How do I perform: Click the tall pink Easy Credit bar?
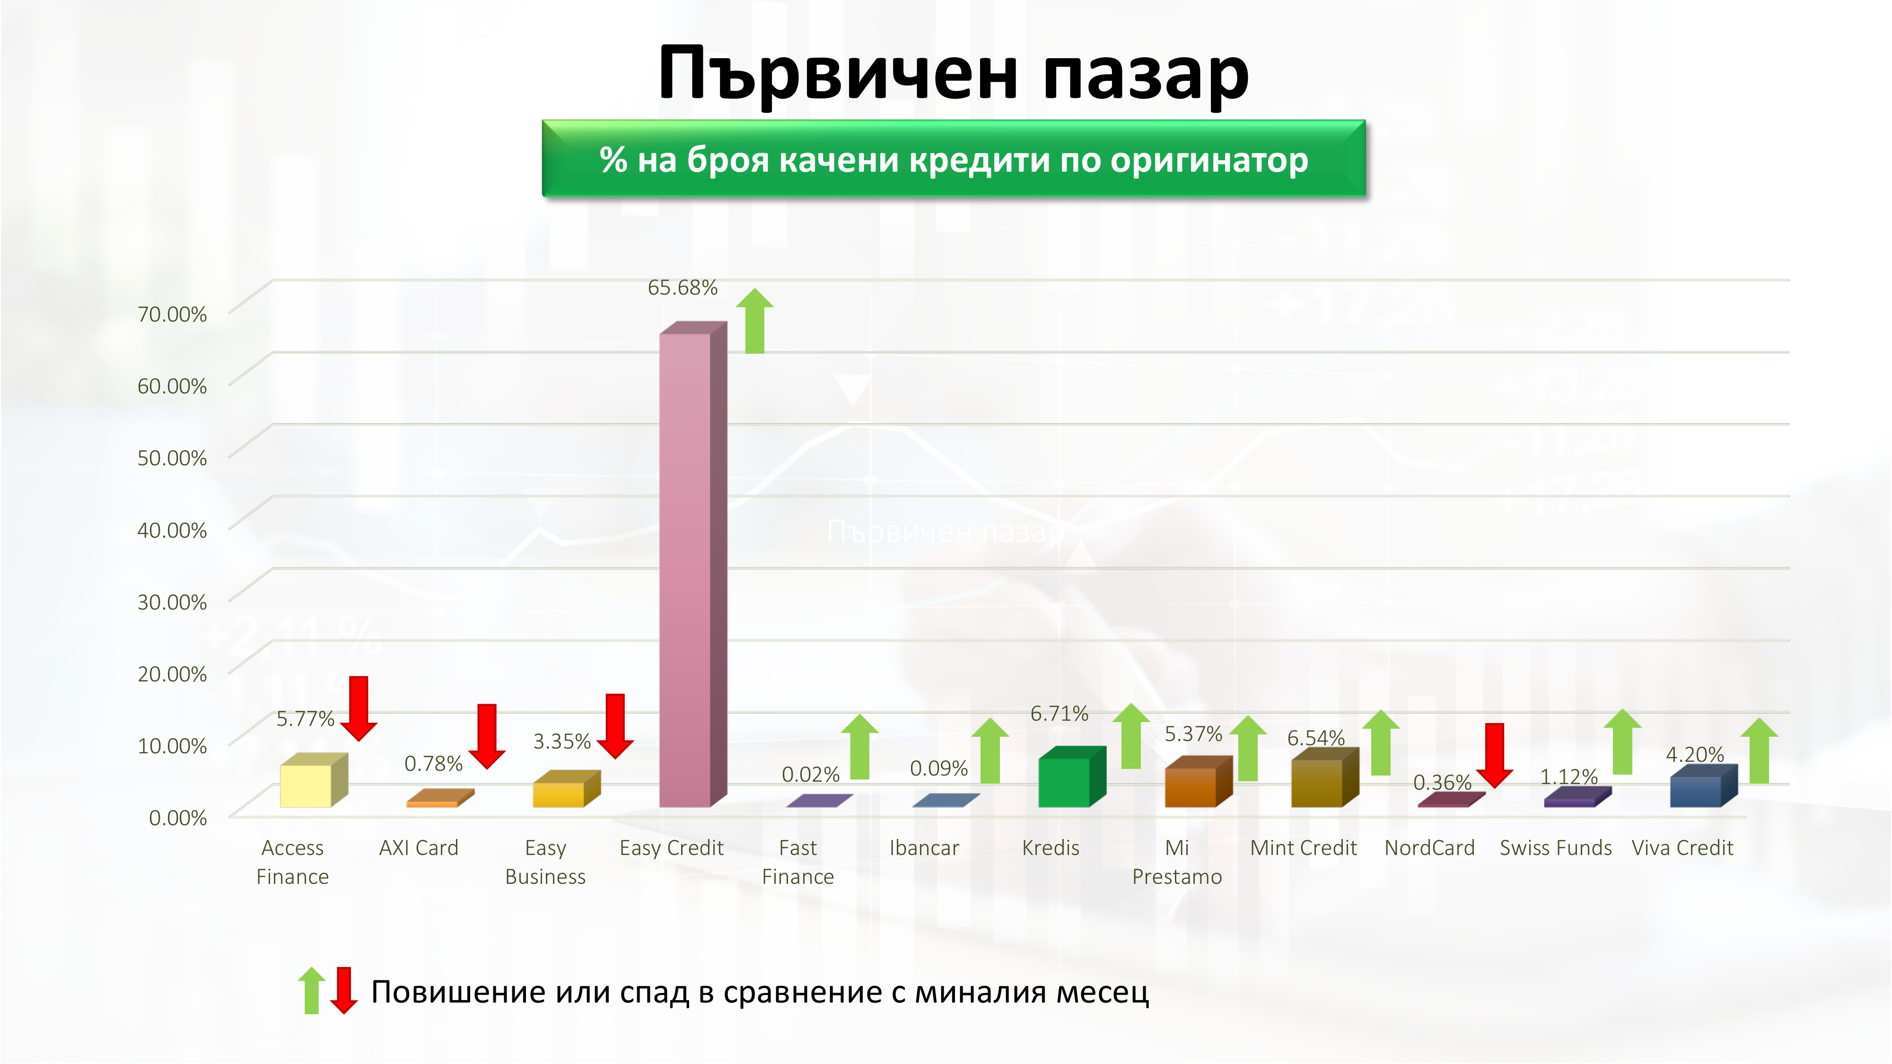[x=685, y=569]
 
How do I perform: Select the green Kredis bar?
[x=1064, y=783]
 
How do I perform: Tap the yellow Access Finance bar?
[x=306, y=785]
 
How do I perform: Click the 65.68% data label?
[x=683, y=288]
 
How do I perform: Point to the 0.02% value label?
[x=810, y=774]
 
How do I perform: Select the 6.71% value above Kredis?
[x=1059, y=713]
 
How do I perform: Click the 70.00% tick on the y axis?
[x=172, y=314]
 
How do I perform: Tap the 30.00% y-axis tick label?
[x=172, y=602]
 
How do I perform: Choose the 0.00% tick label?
[x=178, y=817]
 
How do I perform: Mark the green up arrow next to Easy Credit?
[x=755, y=321]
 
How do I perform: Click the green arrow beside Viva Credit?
[x=1759, y=750]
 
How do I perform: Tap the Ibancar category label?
[x=924, y=848]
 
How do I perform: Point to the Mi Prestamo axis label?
[x=1177, y=862]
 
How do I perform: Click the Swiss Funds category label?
[x=1556, y=848]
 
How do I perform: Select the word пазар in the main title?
[x=1146, y=73]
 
